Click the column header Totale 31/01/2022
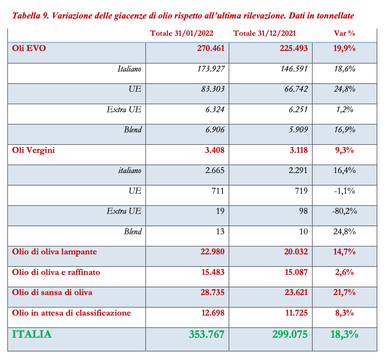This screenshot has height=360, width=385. click(181, 34)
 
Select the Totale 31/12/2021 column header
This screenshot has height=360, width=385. click(264, 34)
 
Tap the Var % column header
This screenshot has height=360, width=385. click(344, 34)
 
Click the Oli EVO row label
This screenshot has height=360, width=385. click(29, 48)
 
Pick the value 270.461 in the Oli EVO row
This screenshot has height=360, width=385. click(211, 48)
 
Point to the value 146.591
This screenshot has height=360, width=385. click(293, 69)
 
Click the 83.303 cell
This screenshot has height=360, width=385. click(211, 89)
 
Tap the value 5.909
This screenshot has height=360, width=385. click(296, 130)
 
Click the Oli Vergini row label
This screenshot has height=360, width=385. click(33, 150)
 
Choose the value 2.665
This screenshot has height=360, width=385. click(215, 170)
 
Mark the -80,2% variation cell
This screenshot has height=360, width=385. click(344, 211)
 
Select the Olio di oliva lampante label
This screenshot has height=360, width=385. click(55, 252)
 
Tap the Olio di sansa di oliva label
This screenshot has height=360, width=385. click(52, 292)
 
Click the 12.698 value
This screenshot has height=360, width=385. click(213, 313)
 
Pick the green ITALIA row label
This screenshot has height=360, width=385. click(32, 334)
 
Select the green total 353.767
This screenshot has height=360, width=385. click(206, 334)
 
